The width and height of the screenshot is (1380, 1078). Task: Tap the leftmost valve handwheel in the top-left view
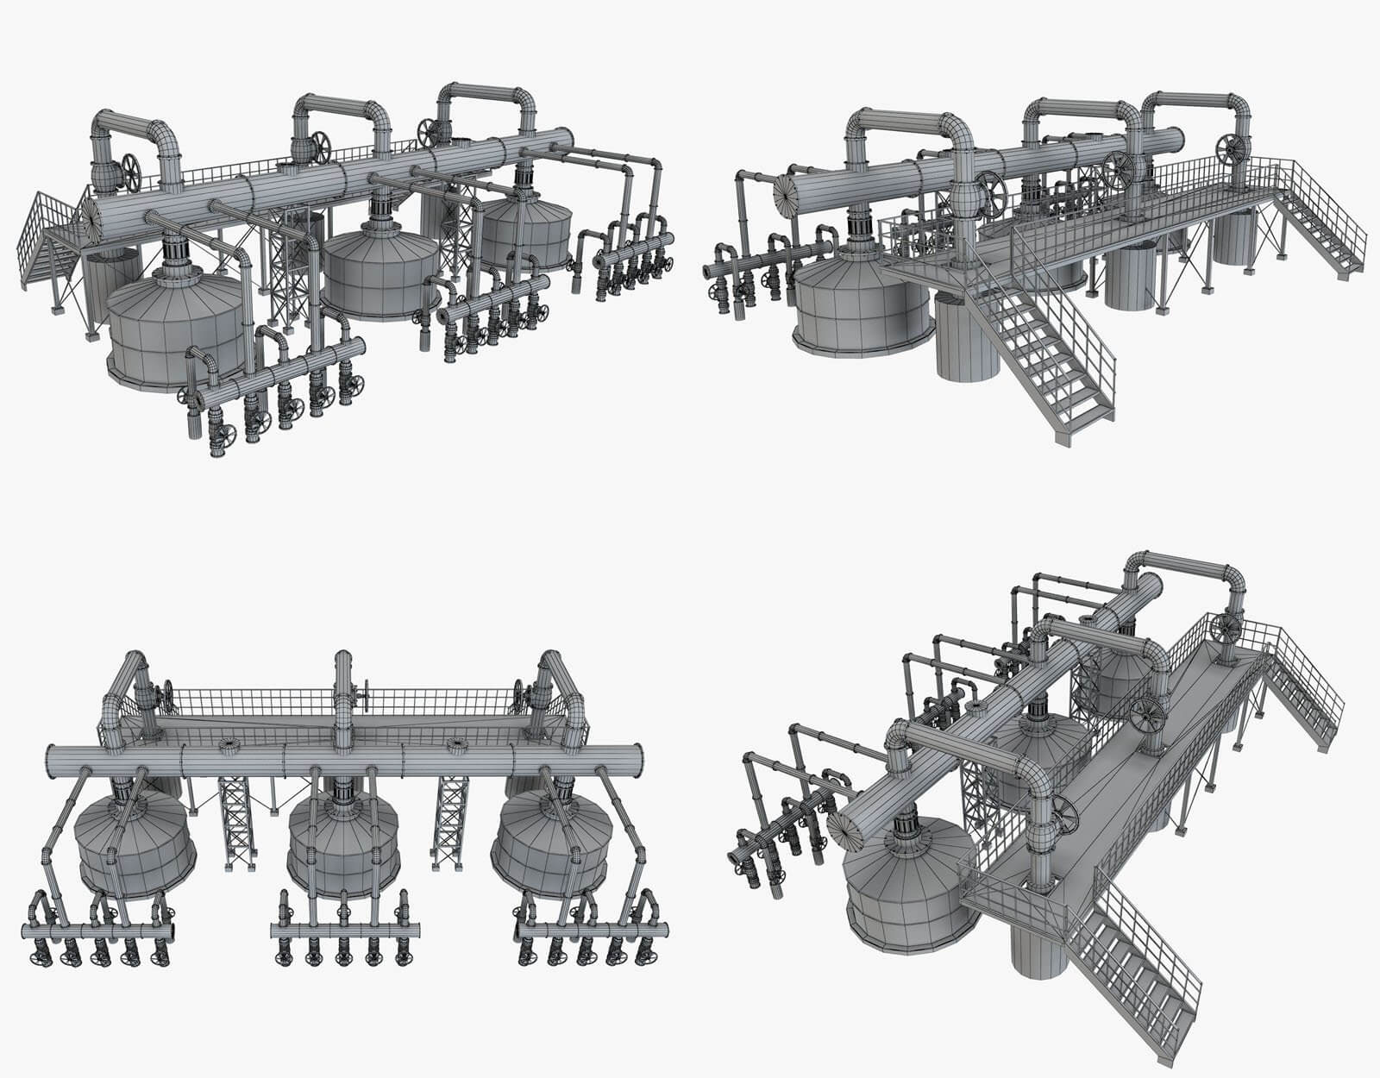tap(132, 172)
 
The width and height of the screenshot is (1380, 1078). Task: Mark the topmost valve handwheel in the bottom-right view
tap(1226, 628)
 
